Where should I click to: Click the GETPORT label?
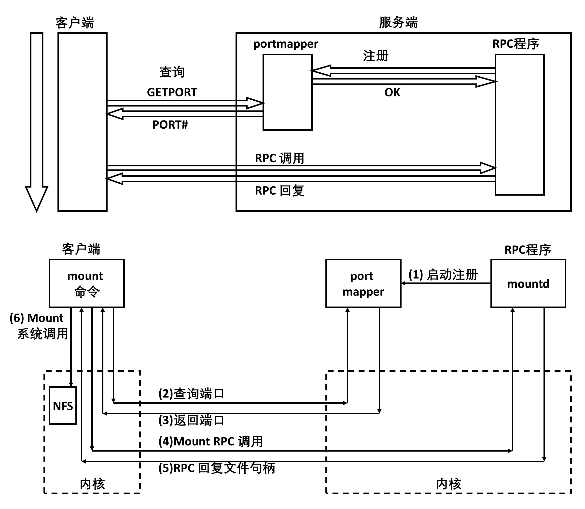tap(172, 92)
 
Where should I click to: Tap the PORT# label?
tap(170, 125)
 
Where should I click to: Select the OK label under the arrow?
tap(392, 92)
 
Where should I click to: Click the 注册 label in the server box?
tap(375, 56)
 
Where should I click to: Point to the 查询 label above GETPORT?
tap(172, 72)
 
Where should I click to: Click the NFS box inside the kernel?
tap(63, 406)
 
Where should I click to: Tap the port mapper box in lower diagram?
tap(363, 283)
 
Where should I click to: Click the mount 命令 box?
tap(86, 283)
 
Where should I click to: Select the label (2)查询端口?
tap(191, 394)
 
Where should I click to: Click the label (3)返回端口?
tap(191, 420)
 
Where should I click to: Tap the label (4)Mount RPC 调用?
tap(210, 442)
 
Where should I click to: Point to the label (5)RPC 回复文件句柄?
tap(217, 468)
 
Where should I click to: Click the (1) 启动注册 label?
tap(443, 275)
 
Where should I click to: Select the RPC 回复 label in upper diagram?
tap(279, 191)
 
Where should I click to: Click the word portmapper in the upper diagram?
tap(285, 44)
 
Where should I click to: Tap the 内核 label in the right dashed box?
tap(448, 484)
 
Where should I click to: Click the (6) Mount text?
tap(36, 318)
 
